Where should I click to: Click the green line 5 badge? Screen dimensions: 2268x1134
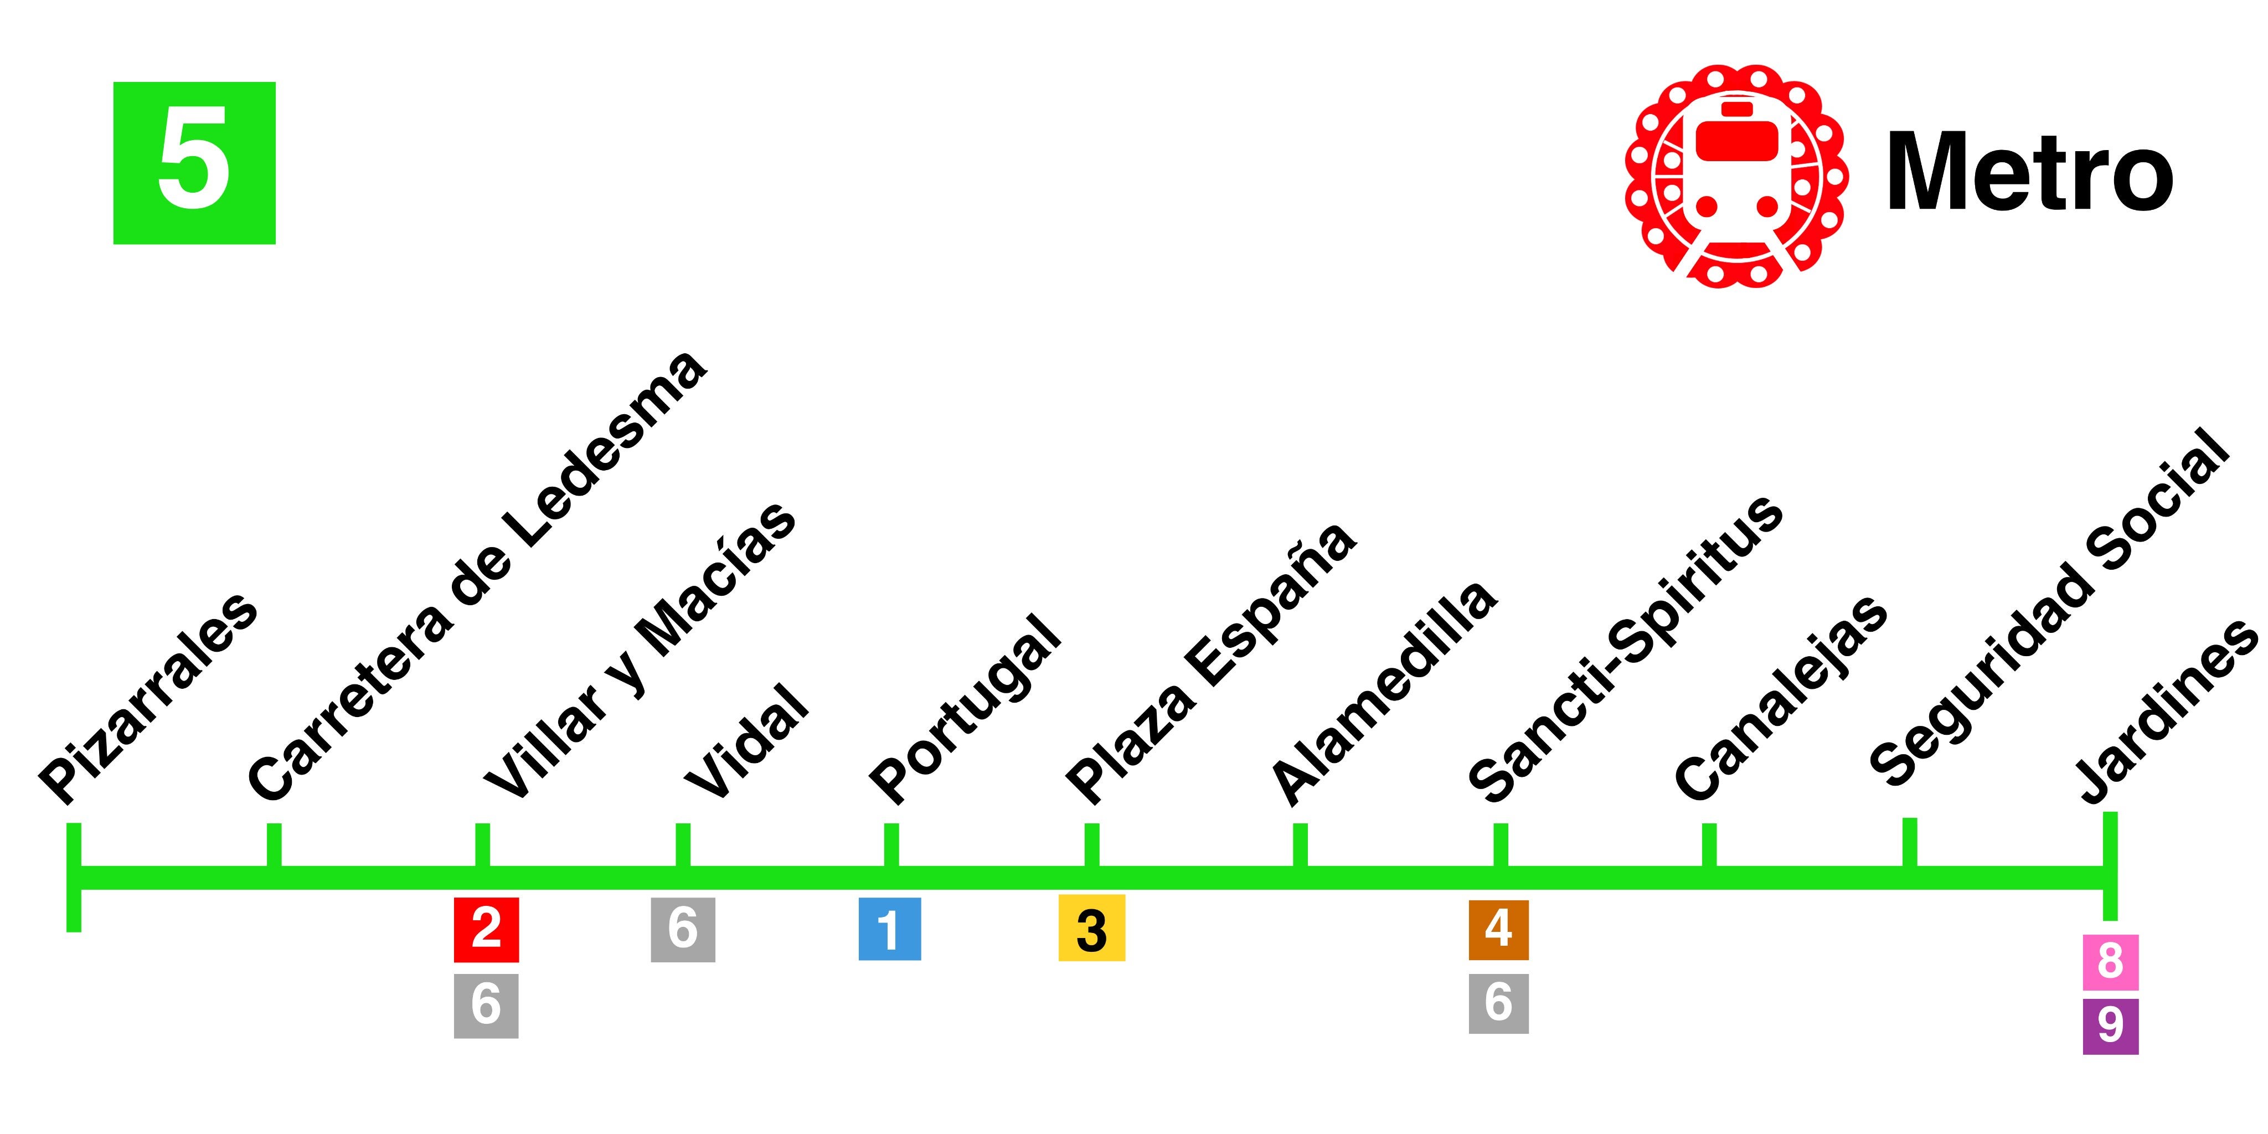coord(194,163)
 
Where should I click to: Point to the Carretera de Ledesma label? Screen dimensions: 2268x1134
coord(476,576)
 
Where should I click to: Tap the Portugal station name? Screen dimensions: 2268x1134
coord(965,709)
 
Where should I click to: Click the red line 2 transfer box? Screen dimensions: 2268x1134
coord(486,930)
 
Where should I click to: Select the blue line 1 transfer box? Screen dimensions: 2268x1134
coord(889,929)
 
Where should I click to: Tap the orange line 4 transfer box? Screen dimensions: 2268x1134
coord(1498,930)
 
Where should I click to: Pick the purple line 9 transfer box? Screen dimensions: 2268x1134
coord(2110,1025)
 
